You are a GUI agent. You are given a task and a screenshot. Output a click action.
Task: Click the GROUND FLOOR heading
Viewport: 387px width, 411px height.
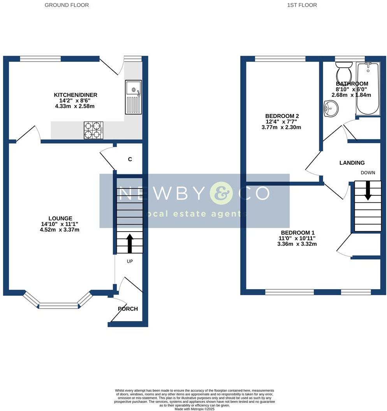[67, 5]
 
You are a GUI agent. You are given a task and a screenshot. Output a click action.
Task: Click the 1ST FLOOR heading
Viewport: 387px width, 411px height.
[302, 5]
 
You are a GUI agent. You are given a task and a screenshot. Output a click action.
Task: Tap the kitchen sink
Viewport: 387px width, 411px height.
[133, 97]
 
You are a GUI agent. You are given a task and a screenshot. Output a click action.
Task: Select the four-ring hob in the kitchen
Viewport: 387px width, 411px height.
[93, 130]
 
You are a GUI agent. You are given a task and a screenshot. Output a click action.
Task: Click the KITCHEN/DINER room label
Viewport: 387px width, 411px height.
[76, 95]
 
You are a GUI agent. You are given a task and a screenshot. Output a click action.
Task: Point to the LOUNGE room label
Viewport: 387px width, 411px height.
[60, 218]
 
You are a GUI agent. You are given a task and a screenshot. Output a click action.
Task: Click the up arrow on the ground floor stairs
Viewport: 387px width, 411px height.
[130, 243]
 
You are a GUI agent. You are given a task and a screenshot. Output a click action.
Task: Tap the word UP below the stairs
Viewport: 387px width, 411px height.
[130, 261]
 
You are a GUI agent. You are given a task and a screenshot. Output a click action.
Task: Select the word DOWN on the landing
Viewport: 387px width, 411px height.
[368, 173]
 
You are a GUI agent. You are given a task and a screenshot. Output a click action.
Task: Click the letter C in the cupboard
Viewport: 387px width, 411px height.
[130, 159]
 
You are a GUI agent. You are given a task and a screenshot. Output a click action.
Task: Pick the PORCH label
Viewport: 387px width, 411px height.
[128, 309]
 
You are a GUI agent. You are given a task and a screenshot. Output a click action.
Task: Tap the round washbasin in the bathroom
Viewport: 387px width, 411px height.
[331, 109]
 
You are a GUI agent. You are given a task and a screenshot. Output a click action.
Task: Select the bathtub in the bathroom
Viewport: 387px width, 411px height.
[368, 89]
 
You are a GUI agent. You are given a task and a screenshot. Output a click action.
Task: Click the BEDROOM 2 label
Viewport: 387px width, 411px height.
[282, 116]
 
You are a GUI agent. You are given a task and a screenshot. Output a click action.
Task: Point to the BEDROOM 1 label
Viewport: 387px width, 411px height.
[298, 232]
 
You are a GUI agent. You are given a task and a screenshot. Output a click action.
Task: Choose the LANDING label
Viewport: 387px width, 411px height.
[352, 163]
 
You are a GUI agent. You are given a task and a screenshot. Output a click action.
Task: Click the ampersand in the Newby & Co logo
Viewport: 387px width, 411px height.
[221, 193]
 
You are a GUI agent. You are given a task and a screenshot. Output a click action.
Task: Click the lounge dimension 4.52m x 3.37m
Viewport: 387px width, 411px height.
[60, 230]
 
